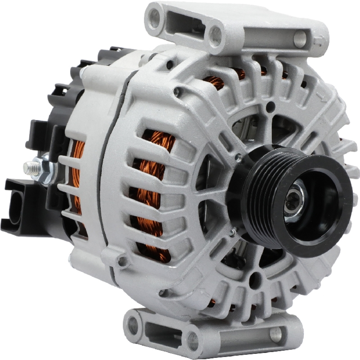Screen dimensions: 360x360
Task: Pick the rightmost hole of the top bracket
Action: (x=300, y=39)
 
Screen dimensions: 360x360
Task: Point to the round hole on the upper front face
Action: (x=270, y=106)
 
